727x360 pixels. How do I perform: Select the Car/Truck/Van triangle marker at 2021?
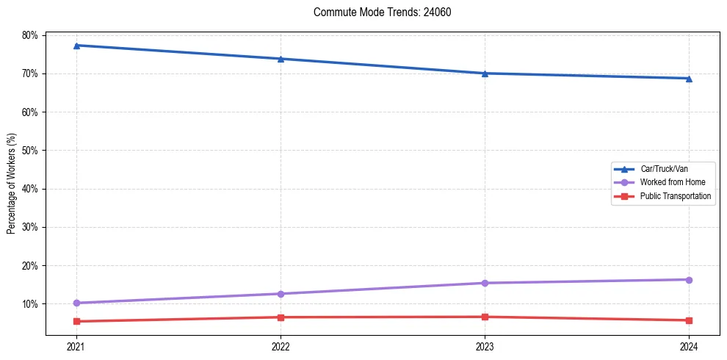(x=76, y=46)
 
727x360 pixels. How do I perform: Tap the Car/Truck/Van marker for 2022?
(x=281, y=59)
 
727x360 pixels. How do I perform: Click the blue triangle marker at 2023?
(x=485, y=73)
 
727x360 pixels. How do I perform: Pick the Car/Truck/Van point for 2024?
(x=689, y=79)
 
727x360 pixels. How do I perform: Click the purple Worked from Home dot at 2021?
(x=76, y=303)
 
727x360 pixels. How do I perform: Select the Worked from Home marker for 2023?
(x=485, y=283)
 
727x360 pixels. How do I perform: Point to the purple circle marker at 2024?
(x=689, y=280)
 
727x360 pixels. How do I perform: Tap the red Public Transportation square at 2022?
(x=281, y=317)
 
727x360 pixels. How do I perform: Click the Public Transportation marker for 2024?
(x=689, y=320)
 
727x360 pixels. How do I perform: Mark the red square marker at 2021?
(x=76, y=321)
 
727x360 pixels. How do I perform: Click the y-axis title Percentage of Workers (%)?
(x=11, y=184)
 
